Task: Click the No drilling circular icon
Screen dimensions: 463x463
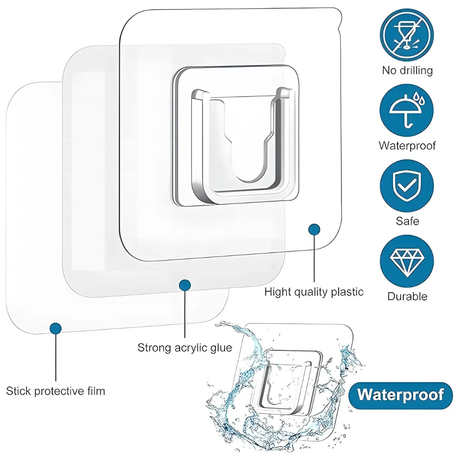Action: click(406, 35)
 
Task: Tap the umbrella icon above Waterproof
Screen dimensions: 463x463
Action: click(406, 111)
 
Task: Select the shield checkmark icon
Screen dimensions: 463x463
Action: click(406, 186)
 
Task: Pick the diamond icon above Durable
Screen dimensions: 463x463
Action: click(406, 261)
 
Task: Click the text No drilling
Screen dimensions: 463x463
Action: click(407, 70)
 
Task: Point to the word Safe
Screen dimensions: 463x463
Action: click(407, 221)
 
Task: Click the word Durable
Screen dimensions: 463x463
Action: click(407, 296)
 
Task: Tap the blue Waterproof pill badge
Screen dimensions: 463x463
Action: click(400, 395)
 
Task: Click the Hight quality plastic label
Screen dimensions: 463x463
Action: click(313, 292)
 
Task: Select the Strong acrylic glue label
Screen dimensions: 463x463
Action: click(184, 347)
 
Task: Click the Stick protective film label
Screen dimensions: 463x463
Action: click(55, 391)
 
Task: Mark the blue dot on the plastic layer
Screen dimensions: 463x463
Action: click(314, 230)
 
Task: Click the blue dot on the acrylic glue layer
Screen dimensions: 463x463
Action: click(185, 285)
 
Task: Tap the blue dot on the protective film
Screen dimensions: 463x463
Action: click(55, 328)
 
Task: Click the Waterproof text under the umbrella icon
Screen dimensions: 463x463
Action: click(407, 146)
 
